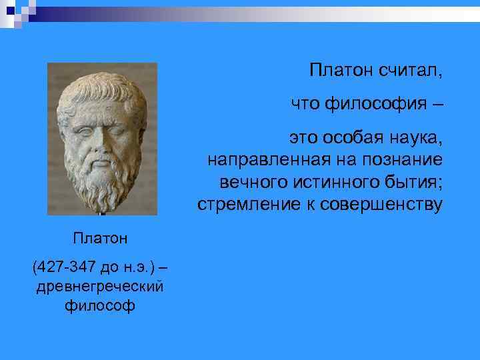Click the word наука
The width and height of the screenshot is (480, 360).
tap(415, 139)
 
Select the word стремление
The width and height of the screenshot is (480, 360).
tap(243, 205)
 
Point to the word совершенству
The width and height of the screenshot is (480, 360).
tap(380, 205)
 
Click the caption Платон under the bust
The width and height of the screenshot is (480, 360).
tap(100, 237)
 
